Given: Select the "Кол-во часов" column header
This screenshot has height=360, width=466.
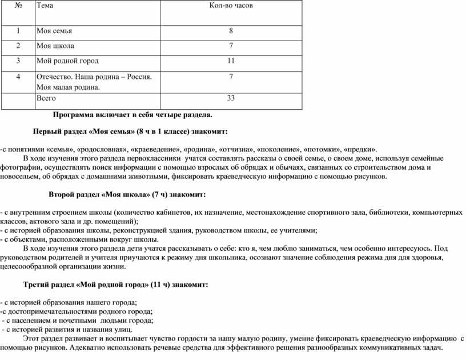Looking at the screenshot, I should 231,6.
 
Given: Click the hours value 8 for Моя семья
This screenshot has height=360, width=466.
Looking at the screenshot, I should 231,30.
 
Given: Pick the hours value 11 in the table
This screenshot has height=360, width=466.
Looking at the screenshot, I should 231,61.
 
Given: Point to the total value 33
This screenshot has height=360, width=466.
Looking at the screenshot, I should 231,98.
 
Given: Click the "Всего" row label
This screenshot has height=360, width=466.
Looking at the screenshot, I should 46,98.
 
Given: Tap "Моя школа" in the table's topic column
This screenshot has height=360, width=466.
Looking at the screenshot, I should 55,45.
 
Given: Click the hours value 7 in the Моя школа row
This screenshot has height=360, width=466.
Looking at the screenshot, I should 231,45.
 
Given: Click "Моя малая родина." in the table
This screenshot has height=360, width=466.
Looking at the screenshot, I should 67,87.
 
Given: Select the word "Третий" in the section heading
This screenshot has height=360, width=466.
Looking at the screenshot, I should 37,284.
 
